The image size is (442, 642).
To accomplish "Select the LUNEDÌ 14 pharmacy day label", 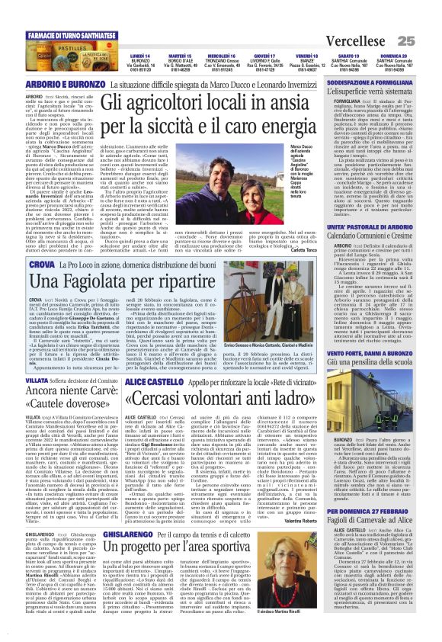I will click(x=120, y=56).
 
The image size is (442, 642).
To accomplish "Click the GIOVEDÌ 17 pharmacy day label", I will click(x=264, y=56).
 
